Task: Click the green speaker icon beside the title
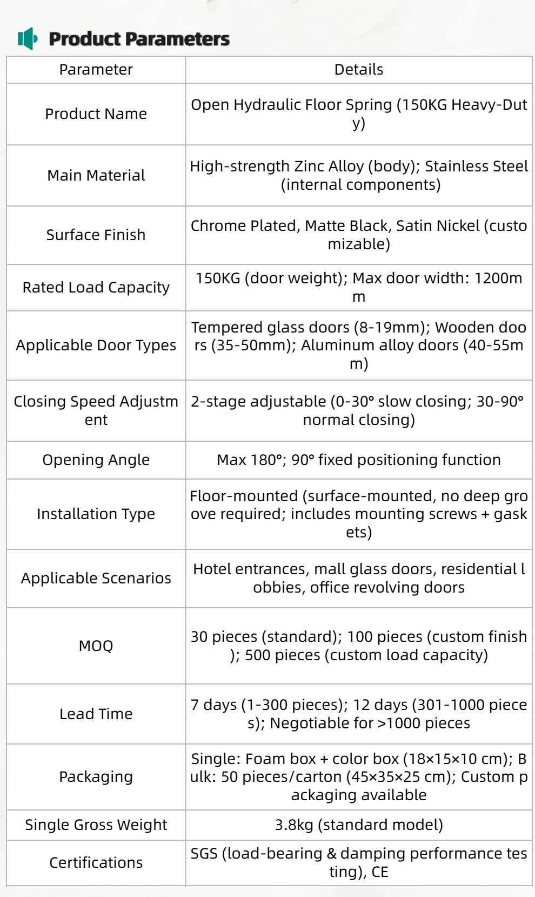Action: tap(28, 38)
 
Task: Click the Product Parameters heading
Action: tap(139, 39)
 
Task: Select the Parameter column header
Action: tap(96, 70)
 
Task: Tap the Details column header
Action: tap(358, 70)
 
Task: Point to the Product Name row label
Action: tap(96, 114)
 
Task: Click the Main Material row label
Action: tap(96, 176)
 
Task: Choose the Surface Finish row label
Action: tap(96, 235)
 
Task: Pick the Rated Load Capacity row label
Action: tap(96, 288)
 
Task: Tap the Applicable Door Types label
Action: tap(96, 345)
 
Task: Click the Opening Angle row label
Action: tap(96, 460)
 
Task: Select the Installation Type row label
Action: tap(96, 514)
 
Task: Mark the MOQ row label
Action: tap(96, 646)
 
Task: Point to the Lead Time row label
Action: tap(96, 714)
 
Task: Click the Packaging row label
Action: tap(96, 777)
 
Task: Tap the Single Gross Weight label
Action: tap(96, 825)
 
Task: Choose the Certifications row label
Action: tap(96, 863)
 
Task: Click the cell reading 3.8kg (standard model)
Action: tap(358, 825)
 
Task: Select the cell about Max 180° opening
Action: tap(358, 460)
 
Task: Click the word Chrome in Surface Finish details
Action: tap(215, 226)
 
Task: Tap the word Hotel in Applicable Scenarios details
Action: tap(211, 569)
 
